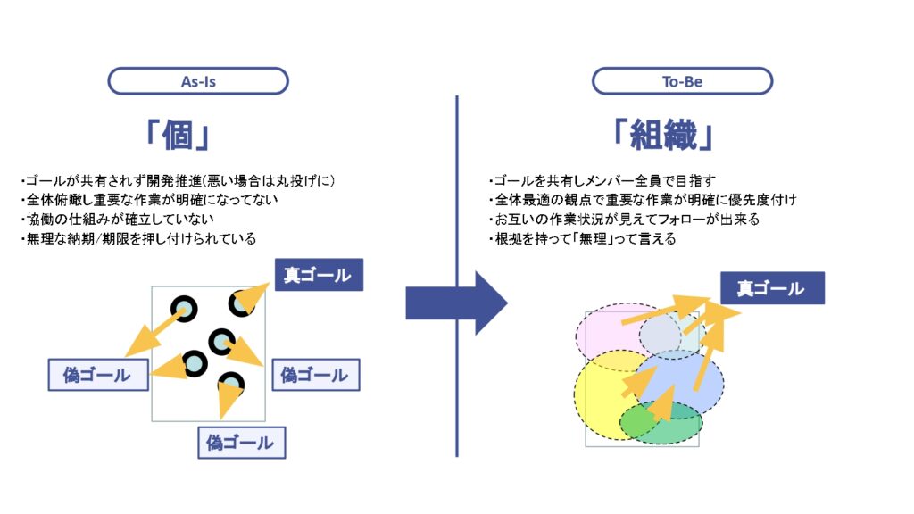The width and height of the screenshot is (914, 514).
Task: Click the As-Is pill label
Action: coord(198,81)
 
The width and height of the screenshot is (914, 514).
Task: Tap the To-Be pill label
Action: coord(682,81)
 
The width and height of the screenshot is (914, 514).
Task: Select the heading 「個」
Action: coord(178,136)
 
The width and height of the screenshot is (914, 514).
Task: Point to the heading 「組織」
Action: coord(663,136)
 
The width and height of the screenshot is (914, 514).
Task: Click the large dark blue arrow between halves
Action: coord(456,303)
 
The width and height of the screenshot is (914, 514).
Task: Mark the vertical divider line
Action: coord(456,277)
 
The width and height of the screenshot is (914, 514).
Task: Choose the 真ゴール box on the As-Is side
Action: coord(319,275)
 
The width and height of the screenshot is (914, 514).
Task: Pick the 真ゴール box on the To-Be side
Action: coord(772,288)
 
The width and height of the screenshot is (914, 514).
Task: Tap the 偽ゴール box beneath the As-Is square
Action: coord(241,443)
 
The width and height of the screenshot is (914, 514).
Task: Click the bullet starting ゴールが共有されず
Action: coord(178,180)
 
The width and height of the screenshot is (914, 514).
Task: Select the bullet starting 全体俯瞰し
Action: coord(149,200)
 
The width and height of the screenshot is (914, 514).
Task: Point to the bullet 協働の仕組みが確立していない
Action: coord(117,220)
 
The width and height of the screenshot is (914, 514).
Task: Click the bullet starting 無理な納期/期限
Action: coord(138,238)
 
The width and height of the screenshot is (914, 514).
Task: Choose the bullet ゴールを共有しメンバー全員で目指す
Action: coord(602,180)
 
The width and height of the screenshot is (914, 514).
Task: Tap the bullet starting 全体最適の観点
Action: coord(643,200)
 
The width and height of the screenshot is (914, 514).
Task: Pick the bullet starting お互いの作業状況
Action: coord(624,220)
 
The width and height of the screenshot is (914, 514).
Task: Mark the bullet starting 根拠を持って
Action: coord(582,238)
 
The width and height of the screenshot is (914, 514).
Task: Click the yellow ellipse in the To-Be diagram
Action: coord(601,402)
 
